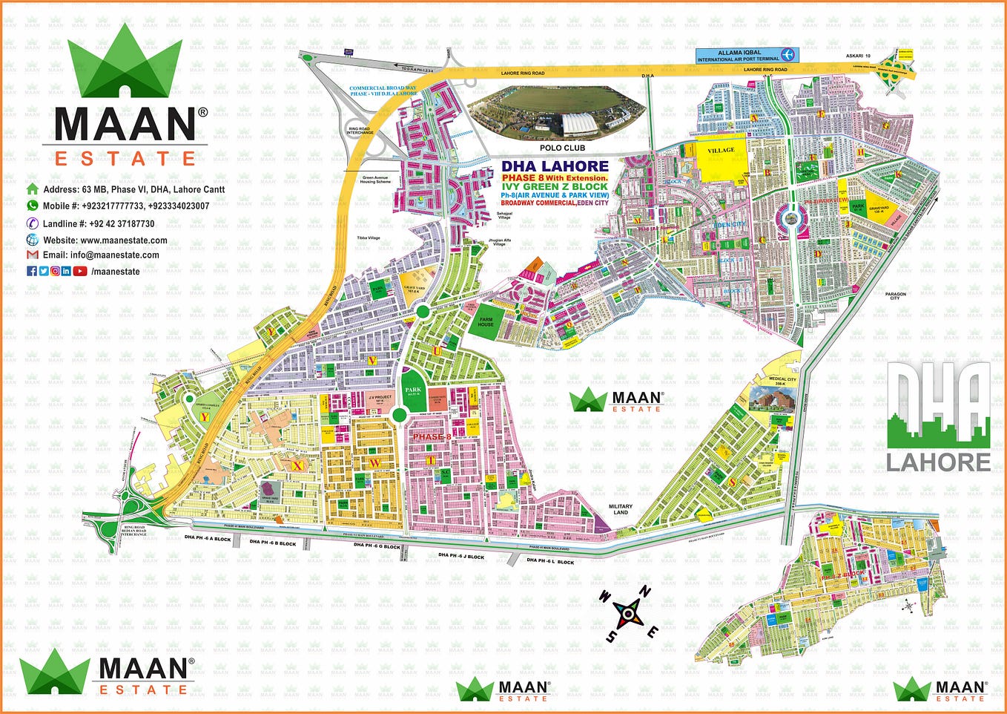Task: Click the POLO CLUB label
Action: click(x=562, y=148)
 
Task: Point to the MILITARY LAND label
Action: click(x=620, y=509)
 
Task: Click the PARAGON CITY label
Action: click(x=895, y=296)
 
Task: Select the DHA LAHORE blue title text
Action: click(x=555, y=166)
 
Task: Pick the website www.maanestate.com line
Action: click(x=105, y=240)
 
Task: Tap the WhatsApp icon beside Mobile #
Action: click(x=32, y=206)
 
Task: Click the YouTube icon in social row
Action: click(x=79, y=271)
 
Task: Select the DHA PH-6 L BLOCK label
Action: click(x=550, y=562)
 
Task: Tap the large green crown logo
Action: click(x=125, y=63)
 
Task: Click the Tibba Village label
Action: click(x=368, y=238)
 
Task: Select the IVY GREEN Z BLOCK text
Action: click(x=554, y=186)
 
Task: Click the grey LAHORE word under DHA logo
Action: click(x=938, y=462)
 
